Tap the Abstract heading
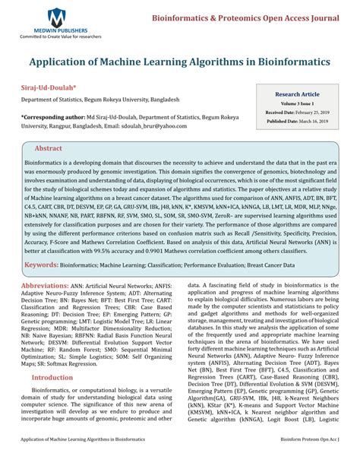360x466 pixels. pyautogui.click(x=49, y=148)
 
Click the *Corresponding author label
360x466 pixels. pyautogui.click(x=53, y=118)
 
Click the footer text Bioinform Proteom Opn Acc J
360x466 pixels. pyautogui.click(x=305, y=460)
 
